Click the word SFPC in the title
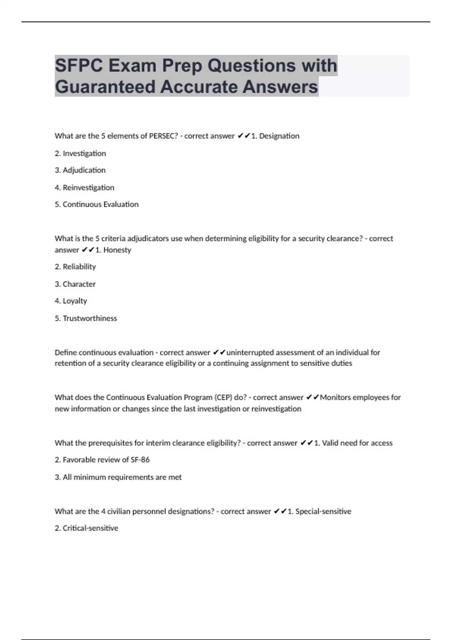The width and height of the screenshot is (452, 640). (79, 66)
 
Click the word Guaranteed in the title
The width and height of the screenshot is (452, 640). (105, 87)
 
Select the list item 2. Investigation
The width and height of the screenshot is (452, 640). (80, 153)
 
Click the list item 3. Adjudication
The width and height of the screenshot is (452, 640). (80, 170)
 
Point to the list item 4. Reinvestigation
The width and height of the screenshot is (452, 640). (84, 187)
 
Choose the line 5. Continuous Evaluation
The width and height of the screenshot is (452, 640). (96, 204)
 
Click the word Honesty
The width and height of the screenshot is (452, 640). (117, 250)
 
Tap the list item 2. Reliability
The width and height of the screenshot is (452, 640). (75, 267)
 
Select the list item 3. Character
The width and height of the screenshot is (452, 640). (75, 284)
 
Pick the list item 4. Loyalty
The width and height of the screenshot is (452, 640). (71, 301)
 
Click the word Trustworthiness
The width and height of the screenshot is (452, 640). (90, 318)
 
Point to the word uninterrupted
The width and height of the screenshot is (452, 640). (250, 353)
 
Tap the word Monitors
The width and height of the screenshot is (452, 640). (335, 398)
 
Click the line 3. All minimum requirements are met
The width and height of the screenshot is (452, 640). (118, 477)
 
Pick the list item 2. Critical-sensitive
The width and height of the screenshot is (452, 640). (86, 528)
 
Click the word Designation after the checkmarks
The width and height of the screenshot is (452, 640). (279, 136)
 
